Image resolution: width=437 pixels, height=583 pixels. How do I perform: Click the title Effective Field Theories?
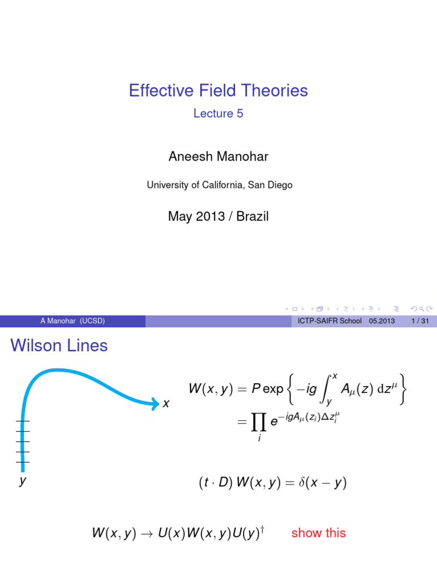pyautogui.click(x=218, y=91)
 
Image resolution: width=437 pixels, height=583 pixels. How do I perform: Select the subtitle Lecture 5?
pyautogui.click(x=218, y=113)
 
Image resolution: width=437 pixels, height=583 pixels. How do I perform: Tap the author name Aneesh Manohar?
pyautogui.click(x=218, y=157)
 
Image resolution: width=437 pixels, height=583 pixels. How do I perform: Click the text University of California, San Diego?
pyautogui.click(x=219, y=185)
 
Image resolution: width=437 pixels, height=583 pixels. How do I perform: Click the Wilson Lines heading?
pyautogui.click(x=59, y=345)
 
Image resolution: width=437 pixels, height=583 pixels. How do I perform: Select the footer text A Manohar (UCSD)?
pyautogui.click(x=72, y=321)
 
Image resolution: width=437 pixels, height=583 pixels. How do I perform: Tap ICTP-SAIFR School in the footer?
pyautogui.click(x=329, y=321)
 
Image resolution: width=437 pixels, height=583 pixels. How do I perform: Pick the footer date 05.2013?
pyautogui.click(x=381, y=321)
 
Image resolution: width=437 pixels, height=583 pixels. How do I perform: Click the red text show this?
pyautogui.click(x=318, y=533)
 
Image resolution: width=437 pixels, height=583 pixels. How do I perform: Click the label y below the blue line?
pyautogui.click(x=23, y=481)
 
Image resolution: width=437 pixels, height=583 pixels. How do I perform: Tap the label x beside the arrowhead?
pyautogui.click(x=166, y=404)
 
